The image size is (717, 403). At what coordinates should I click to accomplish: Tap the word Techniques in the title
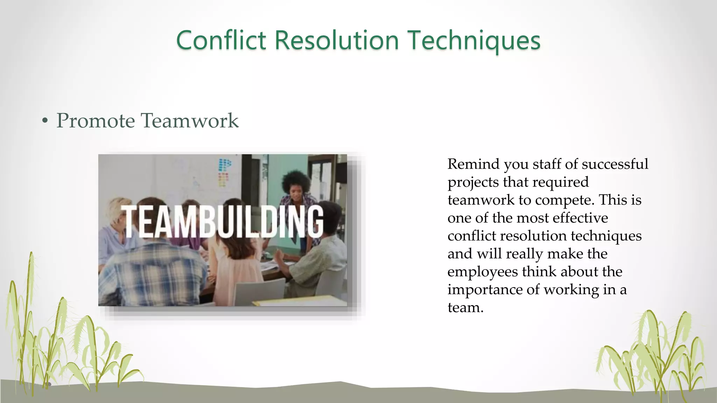coord(475,40)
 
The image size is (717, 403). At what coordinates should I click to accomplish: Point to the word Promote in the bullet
coord(96,121)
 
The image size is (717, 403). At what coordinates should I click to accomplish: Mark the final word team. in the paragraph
coord(465,307)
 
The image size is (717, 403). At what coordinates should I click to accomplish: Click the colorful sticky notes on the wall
coord(224,171)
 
